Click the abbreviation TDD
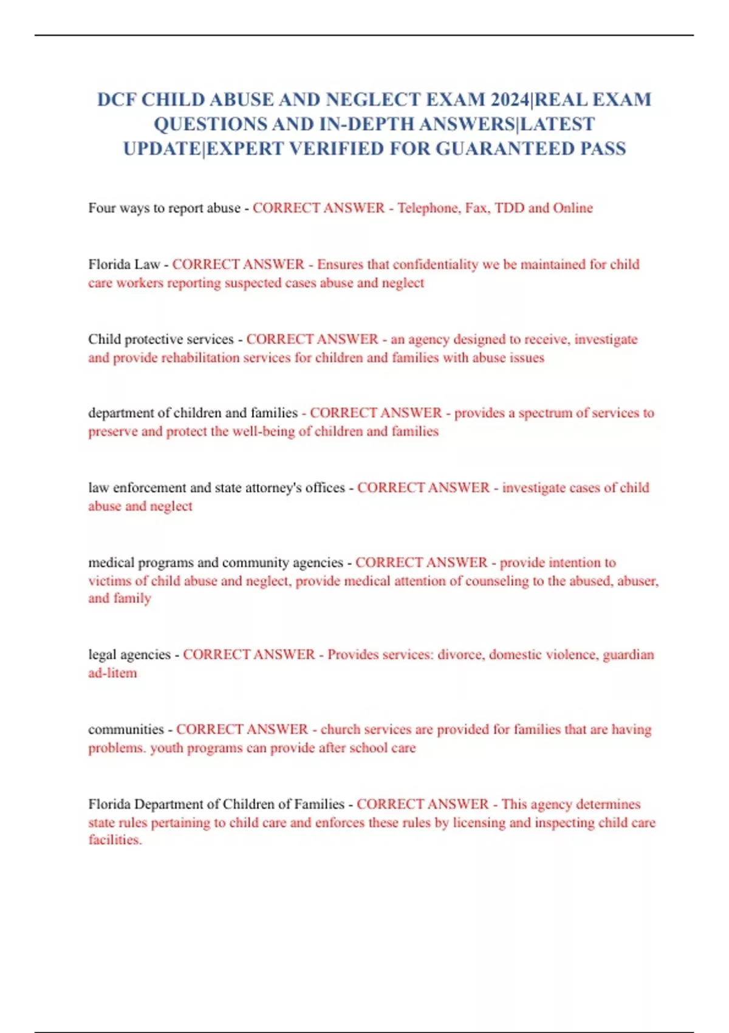point(509,208)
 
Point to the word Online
point(572,208)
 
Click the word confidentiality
point(436,265)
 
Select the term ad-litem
point(112,673)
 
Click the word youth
point(166,748)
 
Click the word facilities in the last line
point(115,840)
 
